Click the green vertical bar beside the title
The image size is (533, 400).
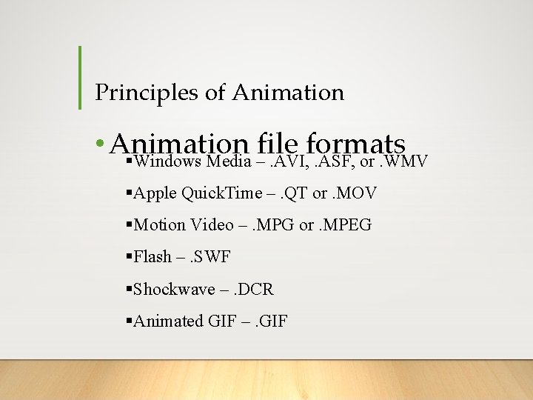[80, 78]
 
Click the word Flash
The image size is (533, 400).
[151, 257]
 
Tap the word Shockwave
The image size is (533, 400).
[174, 289]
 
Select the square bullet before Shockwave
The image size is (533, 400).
[130, 289]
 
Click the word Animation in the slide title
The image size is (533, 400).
[288, 93]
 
